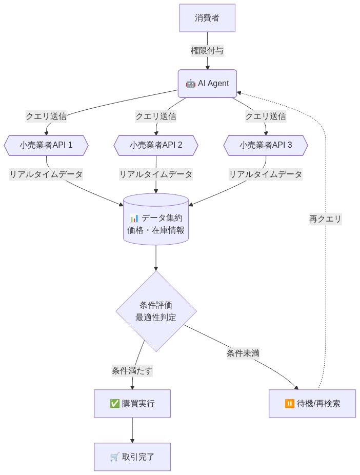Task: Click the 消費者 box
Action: click(207, 18)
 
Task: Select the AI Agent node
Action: click(207, 84)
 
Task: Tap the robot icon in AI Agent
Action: click(190, 84)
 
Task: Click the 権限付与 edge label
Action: click(207, 51)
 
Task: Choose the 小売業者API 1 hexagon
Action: click(46, 145)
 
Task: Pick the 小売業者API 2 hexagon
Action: click(156, 145)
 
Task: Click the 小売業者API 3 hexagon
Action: click(266, 145)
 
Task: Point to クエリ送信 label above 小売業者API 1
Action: click(46, 116)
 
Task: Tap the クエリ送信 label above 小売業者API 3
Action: click(266, 116)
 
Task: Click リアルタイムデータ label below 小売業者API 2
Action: click(156, 174)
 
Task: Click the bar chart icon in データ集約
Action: click(134, 218)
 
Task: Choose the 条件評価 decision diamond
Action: click(156, 311)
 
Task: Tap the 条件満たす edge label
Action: click(132, 371)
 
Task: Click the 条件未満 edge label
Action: click(243, 353)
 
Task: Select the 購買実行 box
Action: click(132, 404)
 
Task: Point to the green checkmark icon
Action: click(115, 404)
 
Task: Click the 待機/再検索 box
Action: click(312, 404)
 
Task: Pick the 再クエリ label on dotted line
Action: click(325, 219)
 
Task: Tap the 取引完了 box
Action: click(132, 457)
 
